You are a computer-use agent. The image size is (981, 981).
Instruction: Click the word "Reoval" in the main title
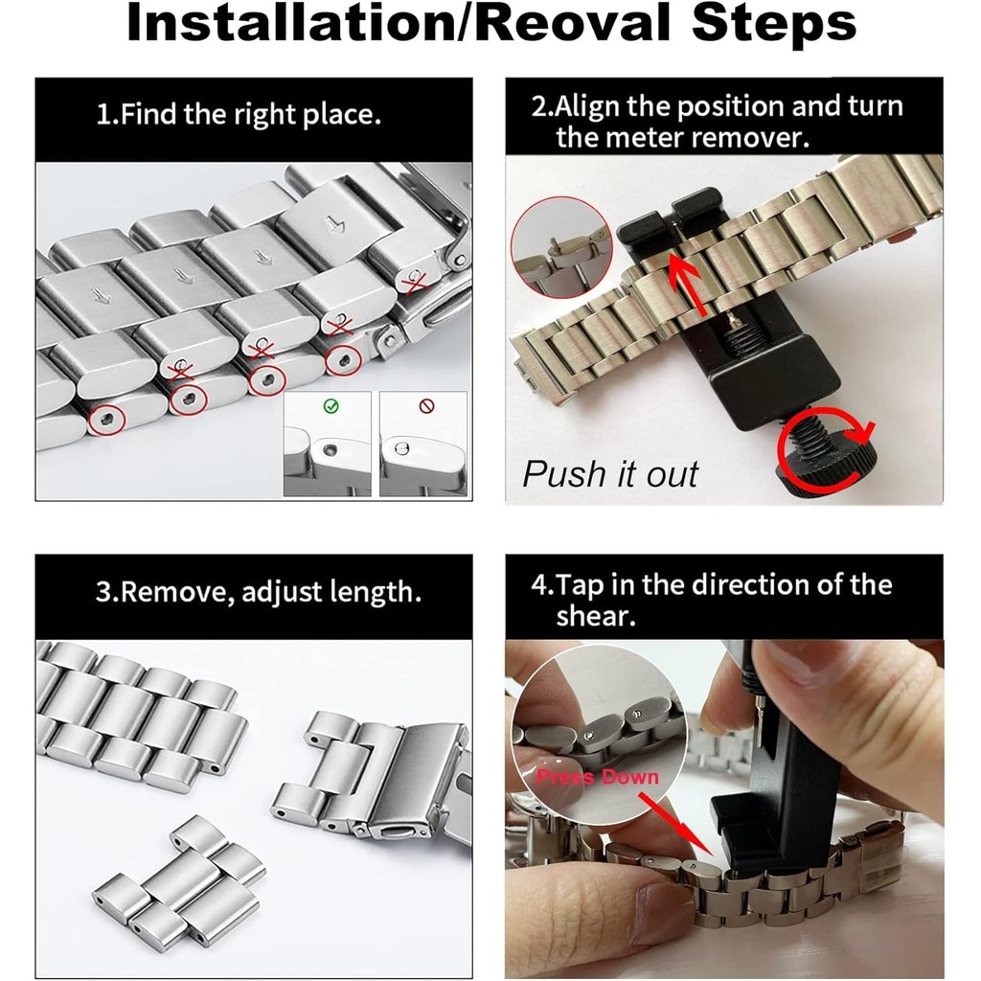coord(577,23)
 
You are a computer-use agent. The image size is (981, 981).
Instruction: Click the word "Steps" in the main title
coord(773,25)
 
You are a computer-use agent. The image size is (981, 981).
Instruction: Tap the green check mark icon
coord(331,406)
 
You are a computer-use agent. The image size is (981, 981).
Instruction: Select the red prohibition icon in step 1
coord(426,406)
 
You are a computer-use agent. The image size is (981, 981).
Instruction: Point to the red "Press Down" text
coord(598,777)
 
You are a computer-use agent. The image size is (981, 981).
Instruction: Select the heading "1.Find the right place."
coord(239,115)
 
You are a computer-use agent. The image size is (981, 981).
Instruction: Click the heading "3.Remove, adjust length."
coord(259,592)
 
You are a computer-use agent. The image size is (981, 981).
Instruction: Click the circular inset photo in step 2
coord(561,248)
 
